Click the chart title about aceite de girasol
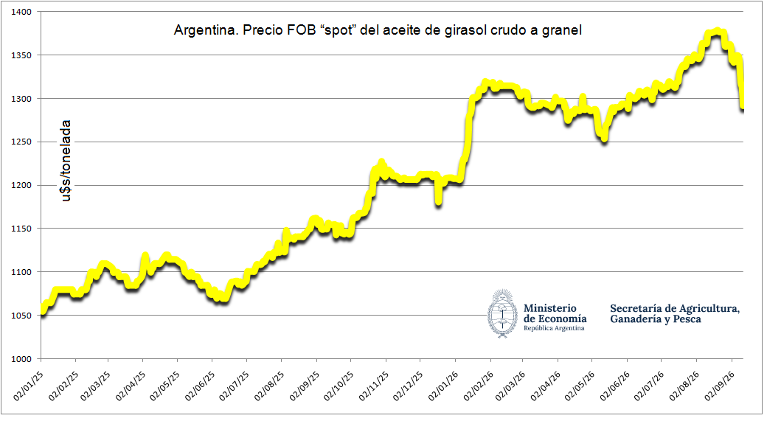[x=378, y=30]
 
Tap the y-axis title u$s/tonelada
[x=66, y=161]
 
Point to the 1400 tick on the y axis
[x=21, y=12]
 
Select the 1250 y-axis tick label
[x=21, y=142]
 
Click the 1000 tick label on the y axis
[x=21, y=359]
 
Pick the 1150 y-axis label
[x=21, y=229]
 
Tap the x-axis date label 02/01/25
[x=28, y=386]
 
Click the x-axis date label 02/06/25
[x=200, y=386]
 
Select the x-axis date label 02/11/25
[x=374, y=386]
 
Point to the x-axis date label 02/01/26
[x=443, y=386]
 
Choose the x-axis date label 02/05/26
[x=580, y=386]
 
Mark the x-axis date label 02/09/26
[x=720, y=386]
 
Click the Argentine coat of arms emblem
[x=502, y=313]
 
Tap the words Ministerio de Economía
[x=555, y=313]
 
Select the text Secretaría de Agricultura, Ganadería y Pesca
[x=675, y=313]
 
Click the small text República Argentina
[x=554, y=328]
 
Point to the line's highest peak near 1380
[x=717, y=32]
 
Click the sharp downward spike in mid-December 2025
[x=439, y=201]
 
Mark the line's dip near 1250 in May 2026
[x=605, y=139]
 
